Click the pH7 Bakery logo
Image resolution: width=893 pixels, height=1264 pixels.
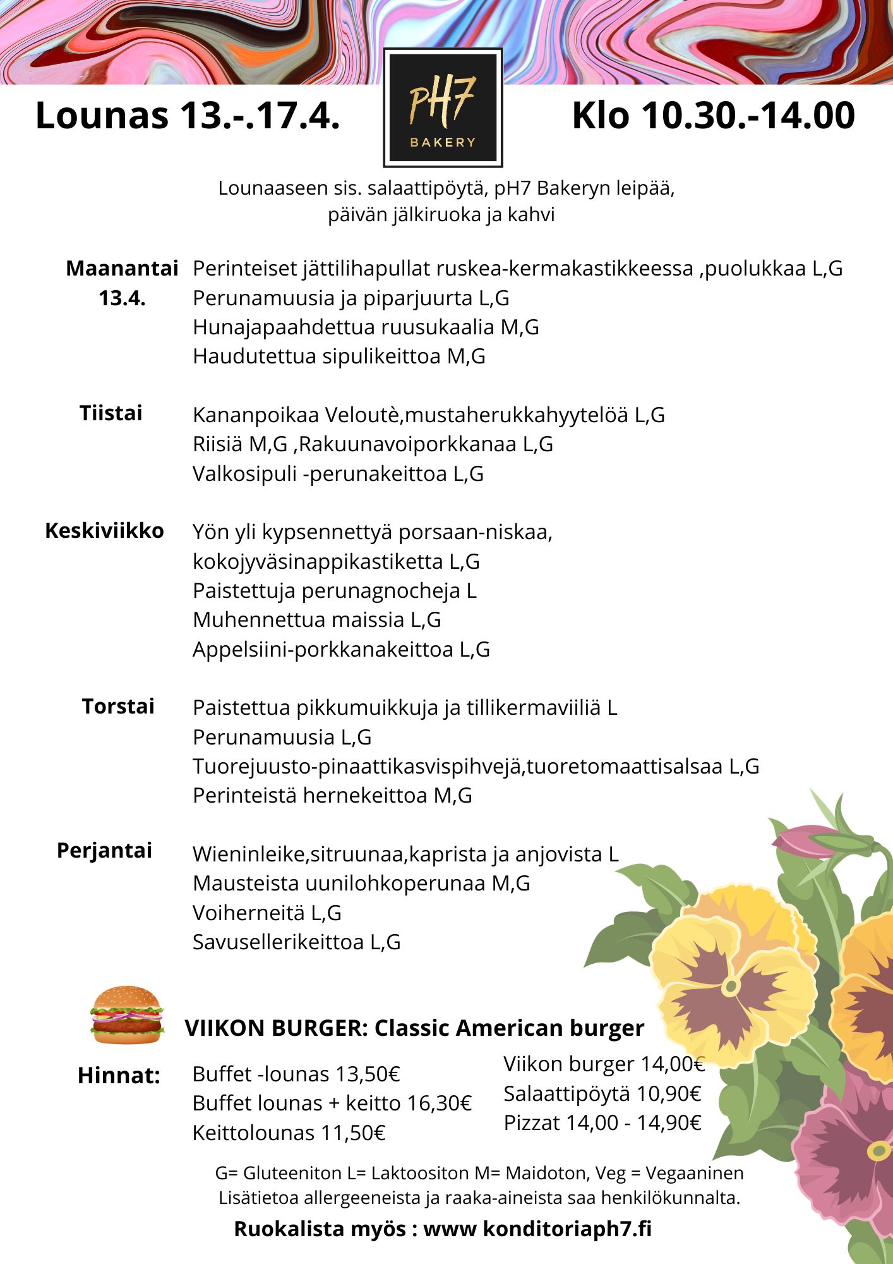[x=443, y=108]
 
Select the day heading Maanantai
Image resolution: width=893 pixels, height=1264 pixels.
[x=122, y=269]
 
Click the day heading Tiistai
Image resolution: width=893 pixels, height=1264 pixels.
[x=111, y=413]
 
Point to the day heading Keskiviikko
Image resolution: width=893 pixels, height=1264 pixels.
[x=104, y=530]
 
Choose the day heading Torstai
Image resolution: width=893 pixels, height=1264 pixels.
[x=118, y=706]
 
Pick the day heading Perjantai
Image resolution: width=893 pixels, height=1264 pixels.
[x=105, y=851]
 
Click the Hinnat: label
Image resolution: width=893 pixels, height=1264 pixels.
[x=119, y=1076]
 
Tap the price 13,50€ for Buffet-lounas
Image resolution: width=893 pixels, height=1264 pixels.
[x=368, y=1074]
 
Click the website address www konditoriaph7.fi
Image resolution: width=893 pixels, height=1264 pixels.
[x=537, y=1229]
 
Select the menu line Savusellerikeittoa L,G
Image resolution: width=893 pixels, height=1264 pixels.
[x=297, y=942]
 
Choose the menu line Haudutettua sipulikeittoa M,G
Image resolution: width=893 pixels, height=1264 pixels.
[x=339, y=356]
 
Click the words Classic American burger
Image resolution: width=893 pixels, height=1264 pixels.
[x=509, y=1028]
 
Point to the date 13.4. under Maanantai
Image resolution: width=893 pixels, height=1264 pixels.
[x=122, y=298]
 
